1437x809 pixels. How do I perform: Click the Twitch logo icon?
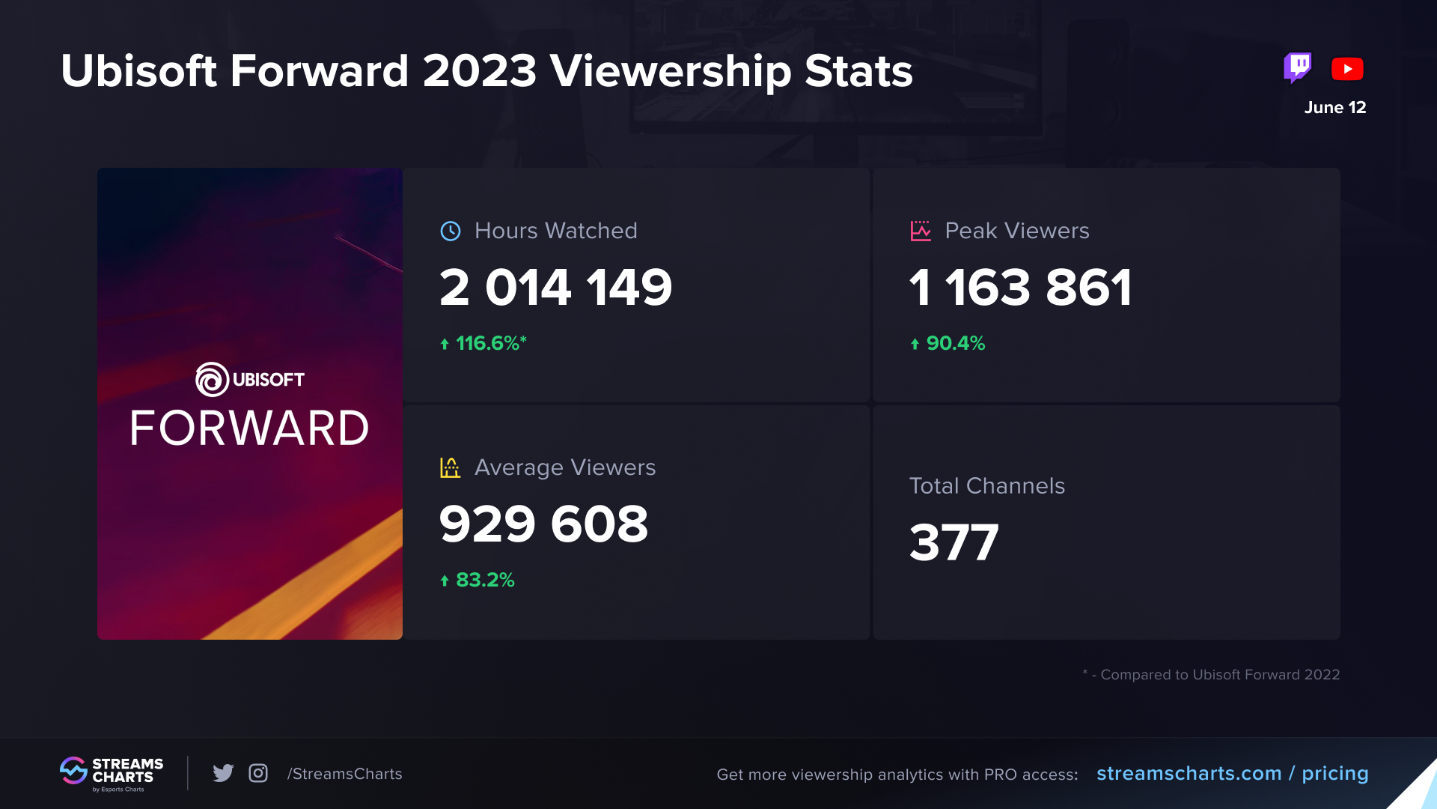coord(1297,67)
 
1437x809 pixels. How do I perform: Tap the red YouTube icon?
coord(1347,69)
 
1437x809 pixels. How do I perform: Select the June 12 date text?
coord(1335,108)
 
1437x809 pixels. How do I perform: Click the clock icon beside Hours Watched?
coord(451,231)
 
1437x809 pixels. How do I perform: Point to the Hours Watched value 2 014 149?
coord(555,288)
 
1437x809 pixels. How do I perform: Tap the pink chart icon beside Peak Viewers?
coord(921,231)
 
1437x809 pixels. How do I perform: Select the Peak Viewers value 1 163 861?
coord(1020,288)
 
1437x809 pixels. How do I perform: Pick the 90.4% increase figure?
coord(955,343)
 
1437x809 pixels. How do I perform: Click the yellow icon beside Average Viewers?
coord(450,467)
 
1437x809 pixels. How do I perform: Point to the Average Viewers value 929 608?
coord(543,524)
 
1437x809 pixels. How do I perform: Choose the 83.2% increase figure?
coord(484,580)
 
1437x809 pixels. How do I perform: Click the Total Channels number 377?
coord(954,542)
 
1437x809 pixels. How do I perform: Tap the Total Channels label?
coord(986,486)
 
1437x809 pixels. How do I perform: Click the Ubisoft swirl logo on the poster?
coord(212,379)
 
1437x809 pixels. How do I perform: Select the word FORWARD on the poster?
coord(249,428)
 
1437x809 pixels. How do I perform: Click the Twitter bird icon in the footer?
coord(223,773)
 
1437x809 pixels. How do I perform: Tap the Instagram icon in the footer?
coord(258,773)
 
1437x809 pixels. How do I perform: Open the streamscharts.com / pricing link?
coord(1232,773)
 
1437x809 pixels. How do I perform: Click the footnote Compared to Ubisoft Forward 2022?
coord(1219,675)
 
